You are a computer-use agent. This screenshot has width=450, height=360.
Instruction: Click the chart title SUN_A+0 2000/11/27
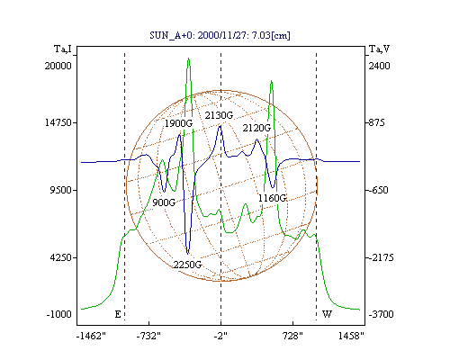220,35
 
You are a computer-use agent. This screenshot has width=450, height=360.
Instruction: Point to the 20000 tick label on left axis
58,66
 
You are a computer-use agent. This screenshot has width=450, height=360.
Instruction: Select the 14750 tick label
58,122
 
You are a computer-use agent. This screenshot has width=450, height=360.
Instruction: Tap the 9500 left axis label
61,190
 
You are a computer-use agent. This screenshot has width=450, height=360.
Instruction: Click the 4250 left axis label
61,257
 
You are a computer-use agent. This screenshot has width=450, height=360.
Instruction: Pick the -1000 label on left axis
59,314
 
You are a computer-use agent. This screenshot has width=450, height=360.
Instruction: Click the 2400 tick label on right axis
379,66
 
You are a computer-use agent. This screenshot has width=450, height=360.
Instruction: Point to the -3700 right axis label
381,314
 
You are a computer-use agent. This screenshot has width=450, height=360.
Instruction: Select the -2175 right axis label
381,257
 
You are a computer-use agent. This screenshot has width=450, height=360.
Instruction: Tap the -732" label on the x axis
148,337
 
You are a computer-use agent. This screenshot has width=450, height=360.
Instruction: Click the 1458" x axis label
351,336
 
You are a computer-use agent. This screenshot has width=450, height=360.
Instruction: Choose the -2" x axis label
220,337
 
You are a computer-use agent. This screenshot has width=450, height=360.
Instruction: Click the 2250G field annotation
187,265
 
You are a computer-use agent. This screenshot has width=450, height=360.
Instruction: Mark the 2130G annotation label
219,115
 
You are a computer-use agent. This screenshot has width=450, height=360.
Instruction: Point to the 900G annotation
164,202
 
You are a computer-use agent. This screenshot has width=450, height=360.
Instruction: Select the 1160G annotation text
273,198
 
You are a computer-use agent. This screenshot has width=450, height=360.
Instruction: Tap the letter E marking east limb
118,314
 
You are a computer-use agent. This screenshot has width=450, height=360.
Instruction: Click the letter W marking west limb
327,314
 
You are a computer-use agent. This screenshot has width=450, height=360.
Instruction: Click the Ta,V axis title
379,49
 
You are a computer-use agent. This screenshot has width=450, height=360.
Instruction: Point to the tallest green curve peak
188,58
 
